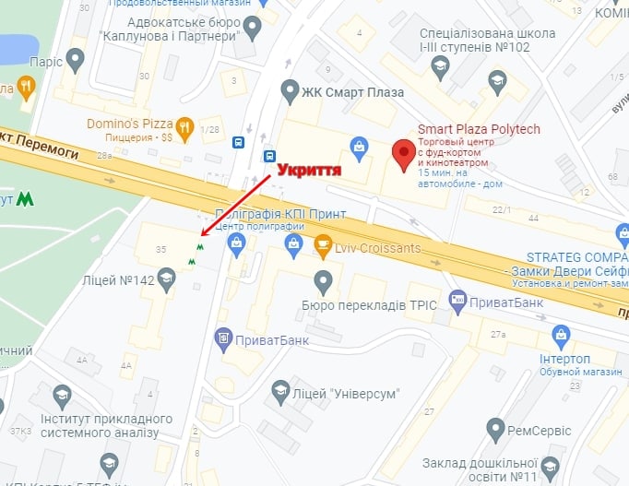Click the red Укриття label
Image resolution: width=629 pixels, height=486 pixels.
tap(304, 171)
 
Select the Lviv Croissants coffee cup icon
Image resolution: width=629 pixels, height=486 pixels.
tap(323, 244)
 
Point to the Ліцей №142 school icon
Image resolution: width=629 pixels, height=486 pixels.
tap(167, 276)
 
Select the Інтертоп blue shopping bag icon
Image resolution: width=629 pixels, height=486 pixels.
tap(556, 336)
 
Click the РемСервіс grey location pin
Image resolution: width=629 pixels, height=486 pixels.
tap(495, 429)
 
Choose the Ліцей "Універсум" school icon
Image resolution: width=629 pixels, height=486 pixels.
tap(280, 393)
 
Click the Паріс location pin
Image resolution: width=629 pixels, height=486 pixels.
tap(76, 61)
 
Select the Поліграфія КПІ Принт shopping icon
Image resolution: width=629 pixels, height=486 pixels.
tap(238, 243)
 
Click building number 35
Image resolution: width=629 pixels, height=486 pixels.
tap(160, 250)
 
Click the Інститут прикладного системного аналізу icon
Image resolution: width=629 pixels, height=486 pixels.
tap(62, 396)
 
